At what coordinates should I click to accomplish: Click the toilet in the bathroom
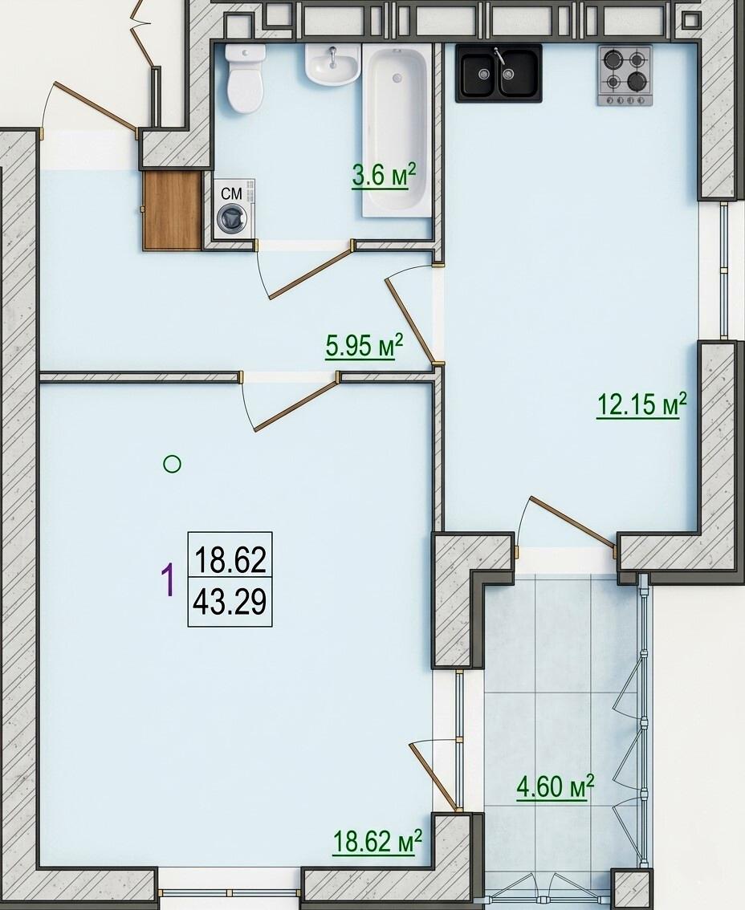tap(245, 79)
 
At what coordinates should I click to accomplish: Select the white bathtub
tap(398, 131)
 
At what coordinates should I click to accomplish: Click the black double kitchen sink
tap(499, 73)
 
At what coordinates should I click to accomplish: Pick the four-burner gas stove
tap(625, 75)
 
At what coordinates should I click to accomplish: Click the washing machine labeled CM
tap(233, 209)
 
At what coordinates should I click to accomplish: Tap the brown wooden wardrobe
tap(173, 210)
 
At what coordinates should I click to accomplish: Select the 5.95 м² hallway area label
tap(364, 347)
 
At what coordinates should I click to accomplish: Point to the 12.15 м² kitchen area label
tap(641, 404)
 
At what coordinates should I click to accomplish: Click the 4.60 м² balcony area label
tap(555, 787)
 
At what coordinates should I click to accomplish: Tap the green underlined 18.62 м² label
tap(377, 841)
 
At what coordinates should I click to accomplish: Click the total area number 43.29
tap(230, 602)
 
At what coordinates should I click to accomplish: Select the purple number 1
tap(168, 581)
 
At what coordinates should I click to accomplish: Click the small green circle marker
tap(172, 464)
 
